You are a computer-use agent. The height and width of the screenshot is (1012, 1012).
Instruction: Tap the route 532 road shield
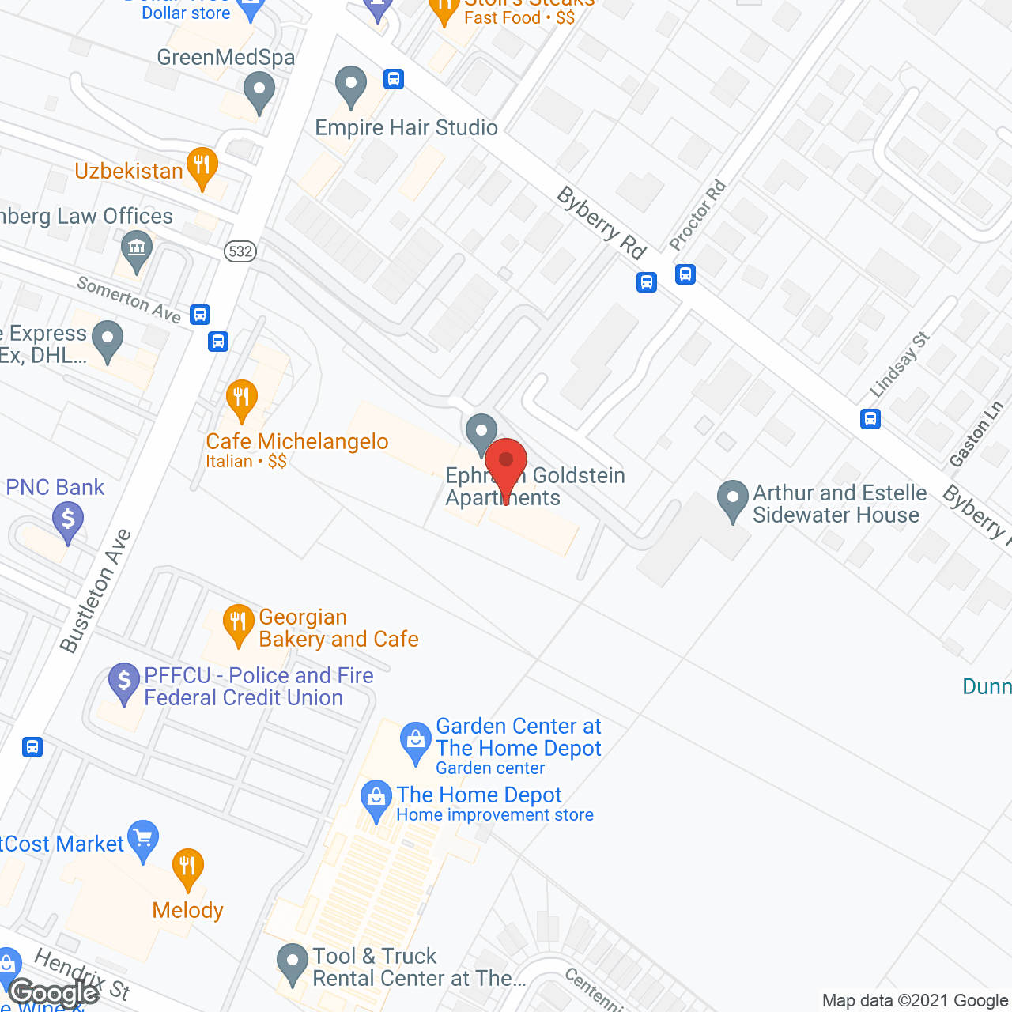[x=240, y=251]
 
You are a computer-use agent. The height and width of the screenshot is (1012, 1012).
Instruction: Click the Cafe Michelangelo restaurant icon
[x=241, y=400]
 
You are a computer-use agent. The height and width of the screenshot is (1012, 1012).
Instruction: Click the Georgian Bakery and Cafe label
[x=338, y=628]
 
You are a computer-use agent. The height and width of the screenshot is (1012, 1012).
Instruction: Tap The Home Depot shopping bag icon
[x=376, y=800]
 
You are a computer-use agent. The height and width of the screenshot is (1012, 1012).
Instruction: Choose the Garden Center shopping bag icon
[x=415, y=742]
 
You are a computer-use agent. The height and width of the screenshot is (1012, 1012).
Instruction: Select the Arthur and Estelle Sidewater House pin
[x=732, y=501]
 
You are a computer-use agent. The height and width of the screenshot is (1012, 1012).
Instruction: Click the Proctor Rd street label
[x=697, y=215]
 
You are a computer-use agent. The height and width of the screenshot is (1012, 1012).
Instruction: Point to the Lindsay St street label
[x=900, y=364]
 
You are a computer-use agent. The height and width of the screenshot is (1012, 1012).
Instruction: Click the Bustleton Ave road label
[x=96, y=591]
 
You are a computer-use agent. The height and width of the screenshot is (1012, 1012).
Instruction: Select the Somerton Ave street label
[x=129, y=299]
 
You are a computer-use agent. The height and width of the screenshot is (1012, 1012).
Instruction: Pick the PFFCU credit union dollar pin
[x=124, y=682]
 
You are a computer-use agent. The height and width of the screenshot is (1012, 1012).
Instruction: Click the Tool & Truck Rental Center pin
[x=293, y=964]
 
